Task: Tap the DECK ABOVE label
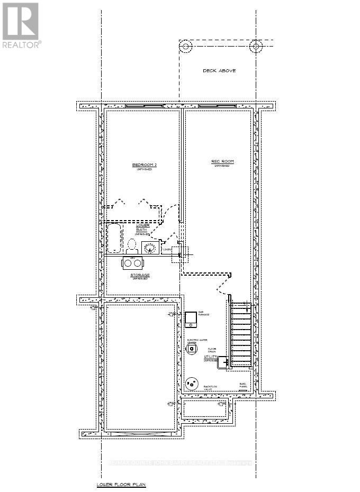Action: coord(219,71)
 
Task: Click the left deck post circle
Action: coord(186,47)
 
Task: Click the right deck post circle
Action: coord(256,47)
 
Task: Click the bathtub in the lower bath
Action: coord(114,238)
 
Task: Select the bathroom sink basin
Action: coord(150,247)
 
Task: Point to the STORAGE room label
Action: coord(140,276)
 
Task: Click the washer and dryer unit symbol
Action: coord(132,263)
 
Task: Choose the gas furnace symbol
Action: coord(190,319)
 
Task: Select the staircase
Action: coord(242,333)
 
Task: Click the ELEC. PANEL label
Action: coord(244,385)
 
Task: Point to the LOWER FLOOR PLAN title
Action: coord(113,484)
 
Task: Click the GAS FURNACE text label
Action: coord(204,313)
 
